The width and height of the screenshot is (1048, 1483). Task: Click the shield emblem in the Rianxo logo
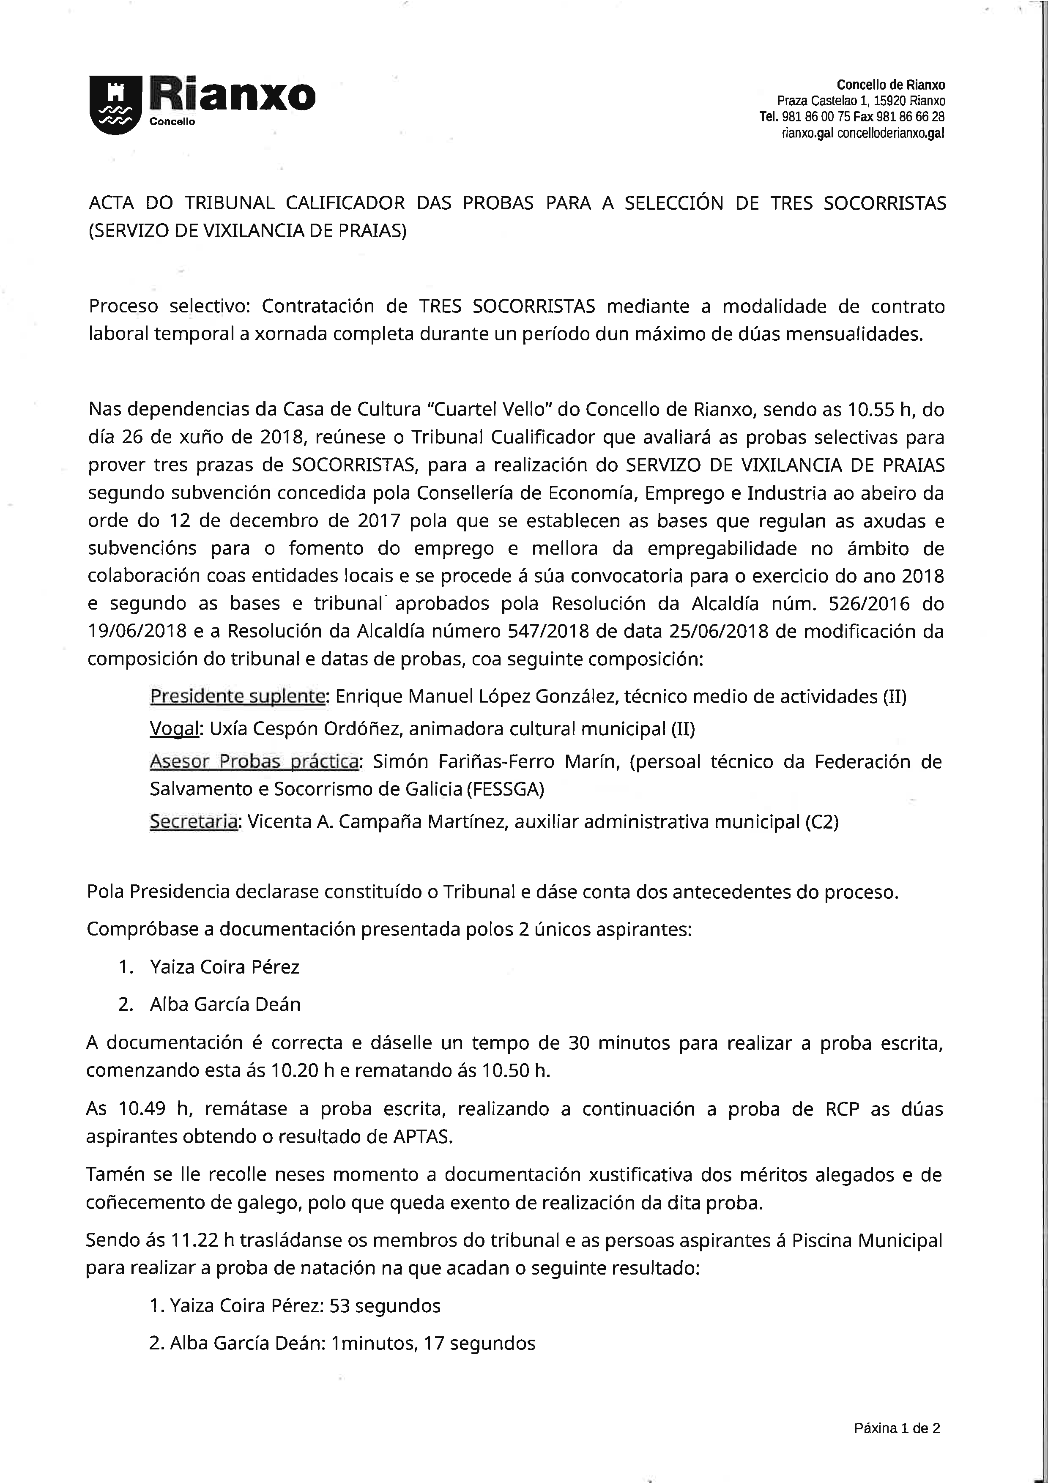(115, 105)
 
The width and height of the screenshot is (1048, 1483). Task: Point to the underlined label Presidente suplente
(237, 696)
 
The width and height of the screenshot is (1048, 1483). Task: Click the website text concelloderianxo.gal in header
(890, 133)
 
